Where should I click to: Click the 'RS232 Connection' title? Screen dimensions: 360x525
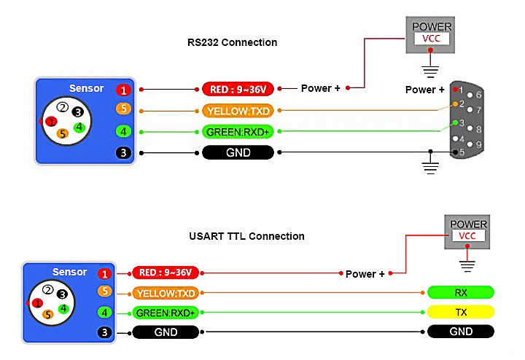[x=232, y=42]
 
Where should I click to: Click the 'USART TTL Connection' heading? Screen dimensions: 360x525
[x=246, y=236]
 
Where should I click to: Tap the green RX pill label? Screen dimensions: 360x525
[x=461, y=293]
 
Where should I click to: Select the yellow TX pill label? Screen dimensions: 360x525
[x=461, y=313]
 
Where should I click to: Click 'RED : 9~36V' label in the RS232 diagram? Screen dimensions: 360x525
[x=238, y=90]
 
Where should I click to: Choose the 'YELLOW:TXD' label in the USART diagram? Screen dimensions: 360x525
[x=166, y=294]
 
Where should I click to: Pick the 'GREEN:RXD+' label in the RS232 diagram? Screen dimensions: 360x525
[x=238, y=132]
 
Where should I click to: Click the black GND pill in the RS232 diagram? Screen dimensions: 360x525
[x=238, y=153]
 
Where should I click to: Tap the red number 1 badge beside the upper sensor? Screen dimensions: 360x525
[x=123, y=90]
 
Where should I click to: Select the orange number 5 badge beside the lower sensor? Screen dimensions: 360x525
[x=105, y=292]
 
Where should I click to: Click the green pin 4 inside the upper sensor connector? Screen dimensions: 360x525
[x=79, y=128]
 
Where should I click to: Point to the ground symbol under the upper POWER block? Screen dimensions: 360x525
[x=431, y=72]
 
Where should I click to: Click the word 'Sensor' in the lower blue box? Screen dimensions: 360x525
[x=69, y=272]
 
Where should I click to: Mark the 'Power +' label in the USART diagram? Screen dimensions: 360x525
[x=365, y=274]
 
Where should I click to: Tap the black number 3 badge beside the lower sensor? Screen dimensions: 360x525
[x=105, y=332]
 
